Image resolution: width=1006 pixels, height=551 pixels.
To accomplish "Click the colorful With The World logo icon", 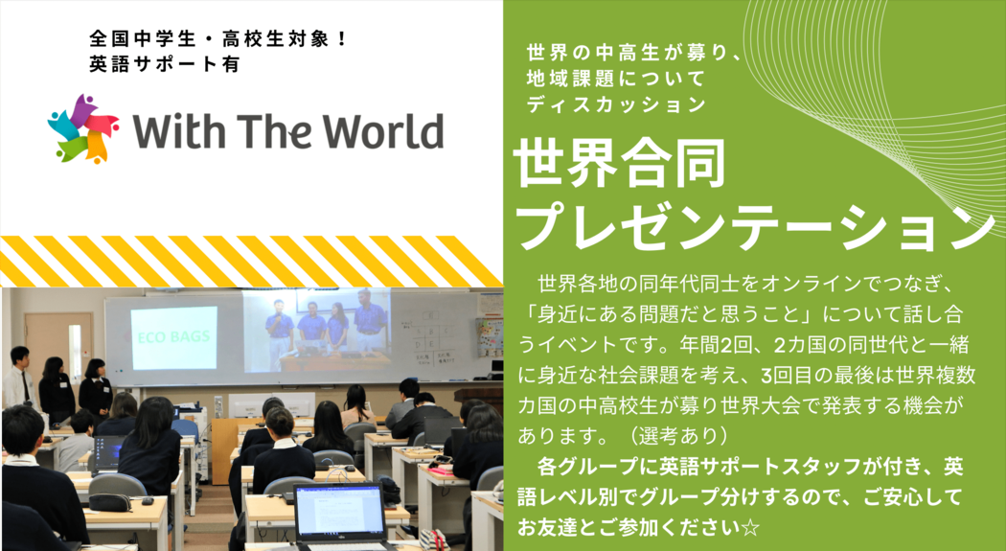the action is pyautogui.click(x=83, y=128).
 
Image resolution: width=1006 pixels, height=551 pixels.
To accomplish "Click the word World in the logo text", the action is pyautogui.click(x=383, y=131).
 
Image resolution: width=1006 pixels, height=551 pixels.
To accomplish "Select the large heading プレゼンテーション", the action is pyautogui.click(x=755, y=228).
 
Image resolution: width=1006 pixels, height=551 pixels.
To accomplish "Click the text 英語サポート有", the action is pyautogui.click(x=164, y=65).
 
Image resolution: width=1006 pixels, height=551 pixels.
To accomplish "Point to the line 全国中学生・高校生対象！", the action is pyautogui.click(x=218, y=39).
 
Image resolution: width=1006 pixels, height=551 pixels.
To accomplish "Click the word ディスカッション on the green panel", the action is pyautogui.click(x=616, y=104).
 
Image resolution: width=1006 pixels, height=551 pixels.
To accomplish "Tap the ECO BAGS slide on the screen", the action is pyautogui.click(x=173, y=337).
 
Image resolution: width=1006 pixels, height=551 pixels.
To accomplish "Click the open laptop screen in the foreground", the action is pyautogui.click(x=338, y=511).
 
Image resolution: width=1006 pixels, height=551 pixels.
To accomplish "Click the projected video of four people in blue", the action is pyautogui.click(x=317, y=331).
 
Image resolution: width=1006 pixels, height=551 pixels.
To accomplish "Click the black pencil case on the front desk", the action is pyautogui.click(x=110, y=501).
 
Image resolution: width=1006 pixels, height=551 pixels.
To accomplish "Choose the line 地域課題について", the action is pyautogui.click(x=615, y=79).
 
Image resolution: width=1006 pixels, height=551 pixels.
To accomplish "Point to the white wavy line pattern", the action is pyautogui.click(x=874, y=96).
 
